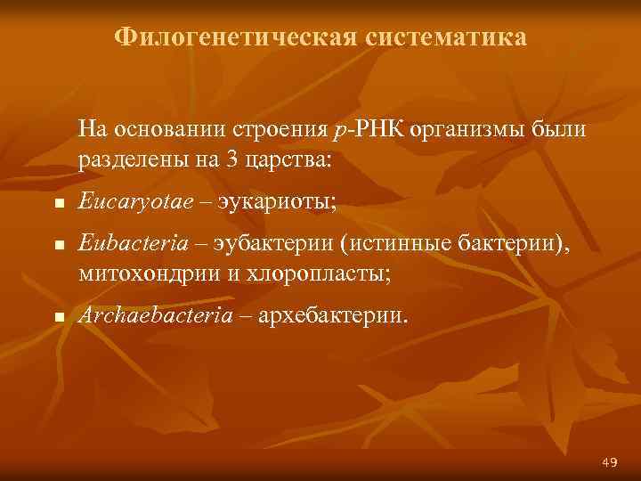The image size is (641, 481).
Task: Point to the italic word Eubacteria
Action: click(x=124, y=245)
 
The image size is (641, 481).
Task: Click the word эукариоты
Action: click(x=285, y=202)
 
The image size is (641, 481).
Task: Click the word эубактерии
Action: click(x=272, y=245)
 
